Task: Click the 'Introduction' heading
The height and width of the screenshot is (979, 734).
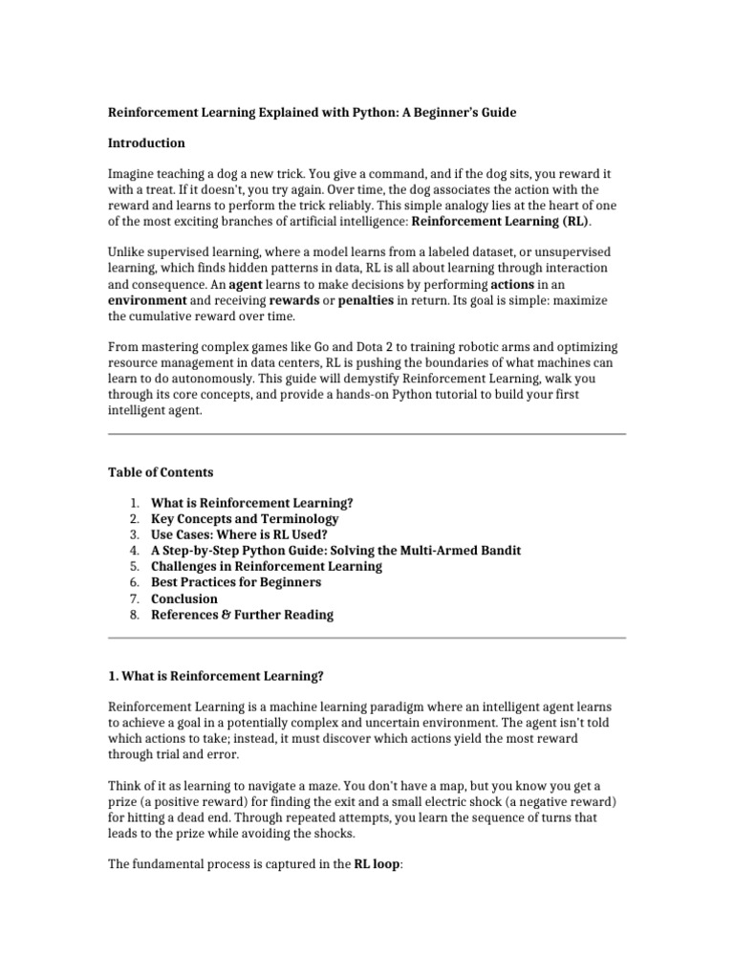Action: [x=146, y=143]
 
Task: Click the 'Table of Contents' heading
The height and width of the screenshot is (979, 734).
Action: [x=161, y=472]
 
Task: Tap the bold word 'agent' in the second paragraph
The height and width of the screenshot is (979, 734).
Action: [x=245, y=285]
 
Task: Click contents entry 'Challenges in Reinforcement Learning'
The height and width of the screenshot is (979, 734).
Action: [x=267, y=566]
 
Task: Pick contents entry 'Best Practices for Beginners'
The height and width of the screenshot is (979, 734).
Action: [x=236, y=582]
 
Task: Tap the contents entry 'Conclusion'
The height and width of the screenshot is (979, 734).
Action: [x=184, y=598]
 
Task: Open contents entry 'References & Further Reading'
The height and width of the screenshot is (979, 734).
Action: [x=243, y=615]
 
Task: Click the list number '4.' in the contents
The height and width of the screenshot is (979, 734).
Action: [x=134, y=551]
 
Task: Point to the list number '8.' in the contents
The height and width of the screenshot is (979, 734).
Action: [x=134, y=615]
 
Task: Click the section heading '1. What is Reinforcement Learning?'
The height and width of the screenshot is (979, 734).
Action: [x=216, y=676]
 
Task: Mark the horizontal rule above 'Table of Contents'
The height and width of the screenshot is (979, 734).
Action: [x=367, y=434]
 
